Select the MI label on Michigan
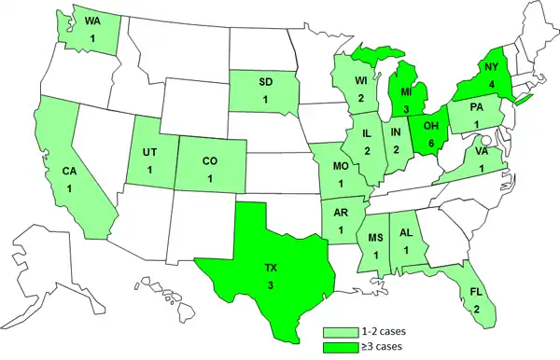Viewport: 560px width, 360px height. [x=407, y=95]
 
